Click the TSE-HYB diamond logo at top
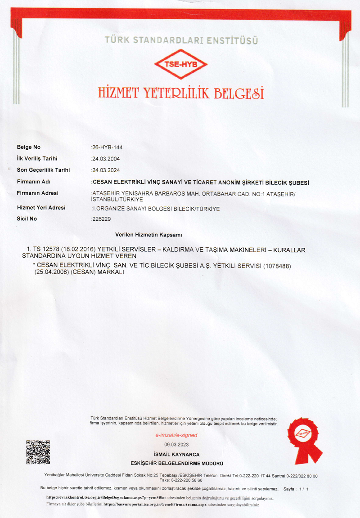click(182, 65)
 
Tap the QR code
click(38, 452)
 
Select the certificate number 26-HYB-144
click(108, 147)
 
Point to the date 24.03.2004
click(106, 159)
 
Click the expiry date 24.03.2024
click(106, 170)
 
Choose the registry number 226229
click(101, 219)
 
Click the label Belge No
click(29, 147)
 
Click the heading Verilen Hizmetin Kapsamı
click(148, 235)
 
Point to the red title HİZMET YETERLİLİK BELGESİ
click(181, 93)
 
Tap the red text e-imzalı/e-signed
click(176, 435)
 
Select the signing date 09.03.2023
click(177, 445)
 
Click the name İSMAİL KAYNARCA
click(176, 454)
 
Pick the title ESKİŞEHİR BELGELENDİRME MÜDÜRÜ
click(176, 463)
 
